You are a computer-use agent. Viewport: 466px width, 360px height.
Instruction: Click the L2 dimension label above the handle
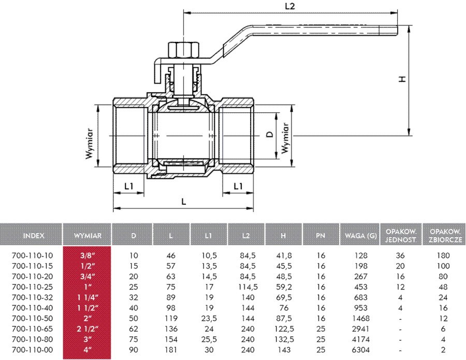[x=290, y=7]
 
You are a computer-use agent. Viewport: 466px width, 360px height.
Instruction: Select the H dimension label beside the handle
[x=401, y=79]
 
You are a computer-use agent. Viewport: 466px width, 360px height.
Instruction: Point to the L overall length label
[x=184, y=202]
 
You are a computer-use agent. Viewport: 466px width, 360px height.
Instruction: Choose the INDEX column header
[x=34, y=235]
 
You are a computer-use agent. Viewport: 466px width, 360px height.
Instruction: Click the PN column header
[x=321, y=235]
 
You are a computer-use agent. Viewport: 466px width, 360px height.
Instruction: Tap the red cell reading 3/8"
[x=87, y=256]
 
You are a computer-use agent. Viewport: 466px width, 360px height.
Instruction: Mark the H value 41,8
[x=283, y=256]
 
